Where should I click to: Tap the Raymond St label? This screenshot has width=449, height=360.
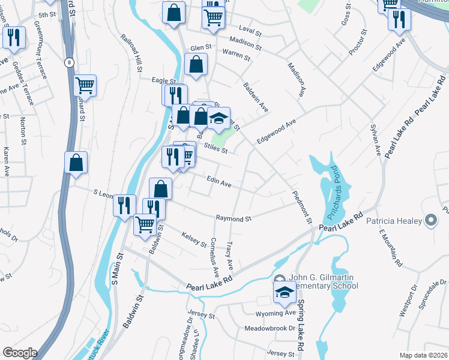tap(234, 219)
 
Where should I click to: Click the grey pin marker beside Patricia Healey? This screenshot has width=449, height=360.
tap(430, 221)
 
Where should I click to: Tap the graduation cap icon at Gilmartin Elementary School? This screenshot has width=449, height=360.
tap(285, 292)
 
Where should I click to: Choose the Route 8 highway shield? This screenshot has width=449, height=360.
tap(70, 62)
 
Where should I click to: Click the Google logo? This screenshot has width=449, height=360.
tap(20, 352)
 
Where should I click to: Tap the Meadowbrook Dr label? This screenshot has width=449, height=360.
tap(270, 329)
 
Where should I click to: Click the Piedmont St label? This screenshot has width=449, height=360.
tap(302, 207)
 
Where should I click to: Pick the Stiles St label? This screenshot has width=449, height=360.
tap(215, 147)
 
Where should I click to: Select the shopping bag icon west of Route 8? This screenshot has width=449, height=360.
tap(76, 163)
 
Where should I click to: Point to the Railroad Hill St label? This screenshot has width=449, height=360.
tap(137, 53)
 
